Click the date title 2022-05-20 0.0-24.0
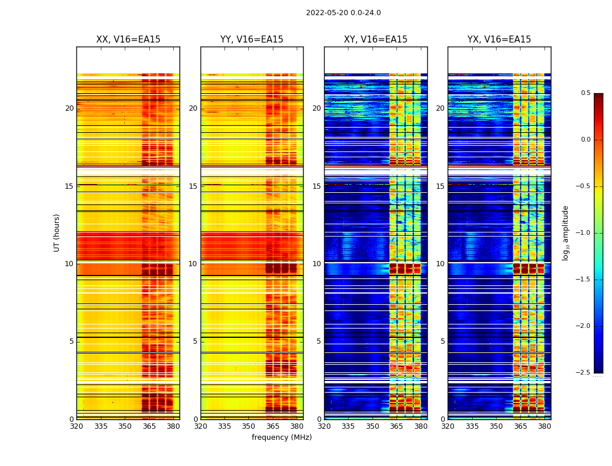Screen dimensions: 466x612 tap(343, 13)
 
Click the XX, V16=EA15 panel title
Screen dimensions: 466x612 tap(128, 40)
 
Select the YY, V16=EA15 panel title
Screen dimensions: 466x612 tap(252, 40)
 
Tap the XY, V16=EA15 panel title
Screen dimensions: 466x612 tap(376, 40)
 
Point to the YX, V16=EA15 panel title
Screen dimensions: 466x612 tap(500, 40)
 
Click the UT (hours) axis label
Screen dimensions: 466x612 tap(57, 232)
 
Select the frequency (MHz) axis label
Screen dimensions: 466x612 tap(282, 437)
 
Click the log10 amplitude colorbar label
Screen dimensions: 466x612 tap(565, 232)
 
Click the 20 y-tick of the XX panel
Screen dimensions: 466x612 tap(69, 108)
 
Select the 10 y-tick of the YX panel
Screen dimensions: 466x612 tap(441, 264)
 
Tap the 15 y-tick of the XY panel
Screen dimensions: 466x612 tap(317, 186)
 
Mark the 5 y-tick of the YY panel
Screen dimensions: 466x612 tap(195, 341)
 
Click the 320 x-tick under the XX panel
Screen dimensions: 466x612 tap(76, 426)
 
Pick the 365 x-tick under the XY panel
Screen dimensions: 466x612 tap(396, 426)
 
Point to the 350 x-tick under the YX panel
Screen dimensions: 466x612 tap(496, 426)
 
